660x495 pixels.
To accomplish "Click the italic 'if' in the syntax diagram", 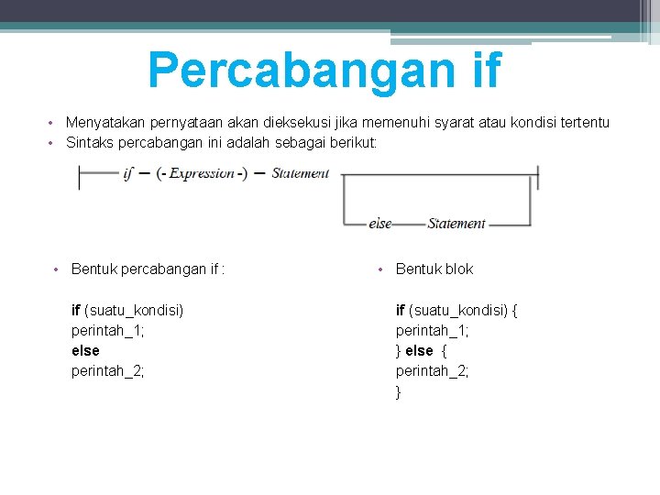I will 128,174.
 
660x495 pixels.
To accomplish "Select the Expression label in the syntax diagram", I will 202,174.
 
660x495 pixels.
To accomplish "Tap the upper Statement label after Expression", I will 300,173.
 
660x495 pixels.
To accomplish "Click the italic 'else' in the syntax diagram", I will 379,224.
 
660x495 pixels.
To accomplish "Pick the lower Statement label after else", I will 456,224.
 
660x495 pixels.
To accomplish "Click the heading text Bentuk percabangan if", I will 148,269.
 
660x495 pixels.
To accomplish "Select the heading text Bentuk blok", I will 434,269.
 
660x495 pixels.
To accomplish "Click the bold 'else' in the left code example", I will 85,351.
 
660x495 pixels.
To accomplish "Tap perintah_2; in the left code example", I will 108,371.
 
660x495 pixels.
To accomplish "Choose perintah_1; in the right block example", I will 433,330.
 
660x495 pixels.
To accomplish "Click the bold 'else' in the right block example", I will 419,351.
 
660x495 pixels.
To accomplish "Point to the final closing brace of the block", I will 399,391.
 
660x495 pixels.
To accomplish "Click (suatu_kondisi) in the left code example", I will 134,310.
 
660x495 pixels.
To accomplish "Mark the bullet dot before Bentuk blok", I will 379,269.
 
